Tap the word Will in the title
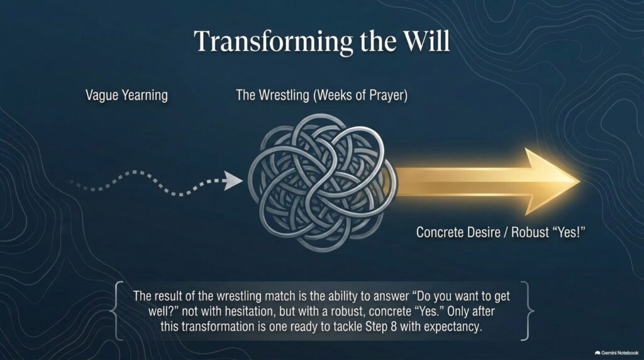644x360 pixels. click(426, 41)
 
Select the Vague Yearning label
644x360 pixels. click(126, 96)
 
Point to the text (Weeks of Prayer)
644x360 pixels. click(360, 96)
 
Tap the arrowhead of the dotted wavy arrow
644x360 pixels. click(233, 181)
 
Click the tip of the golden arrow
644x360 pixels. click(579, 181)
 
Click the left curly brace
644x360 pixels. click(116, 311)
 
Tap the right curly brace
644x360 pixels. click(527, 311)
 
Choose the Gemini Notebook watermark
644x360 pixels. click(616, 352)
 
